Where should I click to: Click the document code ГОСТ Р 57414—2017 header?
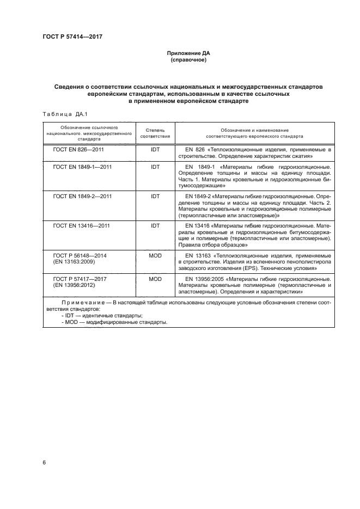click(x=72, y=37)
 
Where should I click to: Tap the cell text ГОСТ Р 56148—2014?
click(x=80, y=255)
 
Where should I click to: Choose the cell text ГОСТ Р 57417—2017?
click(x=80, y=278)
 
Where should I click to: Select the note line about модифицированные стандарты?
click(x=114, y=322)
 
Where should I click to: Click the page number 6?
click(x=44, y=463)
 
